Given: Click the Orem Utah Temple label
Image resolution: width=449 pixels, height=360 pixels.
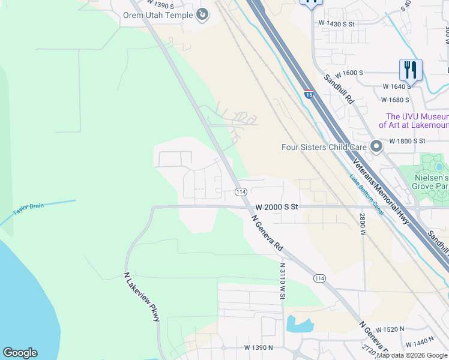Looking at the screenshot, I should (158, 14).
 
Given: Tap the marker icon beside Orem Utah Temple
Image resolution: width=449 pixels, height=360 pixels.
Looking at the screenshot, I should (203, 13).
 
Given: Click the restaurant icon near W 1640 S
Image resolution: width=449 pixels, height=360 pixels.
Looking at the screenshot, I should (411, 70).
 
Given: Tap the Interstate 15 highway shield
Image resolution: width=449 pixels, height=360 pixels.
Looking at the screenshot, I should (309, 94).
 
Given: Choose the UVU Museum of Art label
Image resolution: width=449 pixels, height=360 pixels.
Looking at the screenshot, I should (414, 121).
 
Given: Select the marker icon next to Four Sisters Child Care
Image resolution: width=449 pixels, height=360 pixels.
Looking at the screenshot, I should (376, 146).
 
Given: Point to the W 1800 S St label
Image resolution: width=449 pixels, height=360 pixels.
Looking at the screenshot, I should (407, 141).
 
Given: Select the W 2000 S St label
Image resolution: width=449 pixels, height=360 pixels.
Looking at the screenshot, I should (277, 206).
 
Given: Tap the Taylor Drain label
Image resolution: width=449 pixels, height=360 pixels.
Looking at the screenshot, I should (29, 207).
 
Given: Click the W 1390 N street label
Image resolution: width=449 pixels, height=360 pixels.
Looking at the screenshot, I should (258, 347).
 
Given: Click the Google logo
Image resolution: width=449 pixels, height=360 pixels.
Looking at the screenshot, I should (20, 353).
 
